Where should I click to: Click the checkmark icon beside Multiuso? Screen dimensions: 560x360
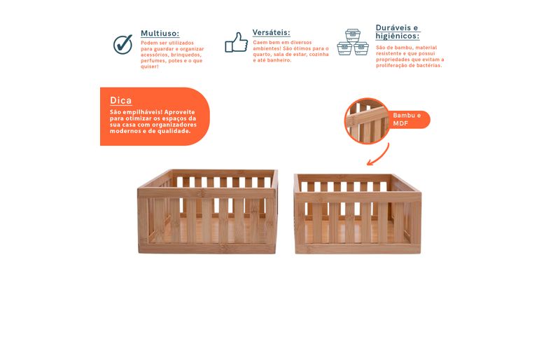point(123,44)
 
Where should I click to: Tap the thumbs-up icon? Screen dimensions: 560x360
point(236,43)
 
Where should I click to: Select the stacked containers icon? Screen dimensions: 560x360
point(353,42)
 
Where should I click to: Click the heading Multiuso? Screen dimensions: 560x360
point(160,33)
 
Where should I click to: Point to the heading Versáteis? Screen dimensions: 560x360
point(271,32)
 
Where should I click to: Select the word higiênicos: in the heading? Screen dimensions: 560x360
point(398,36)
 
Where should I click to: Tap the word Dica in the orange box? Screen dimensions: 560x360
point(120,100)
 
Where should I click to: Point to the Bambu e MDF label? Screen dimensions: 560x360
point(407,119)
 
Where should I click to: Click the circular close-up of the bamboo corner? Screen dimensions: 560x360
point(367,121)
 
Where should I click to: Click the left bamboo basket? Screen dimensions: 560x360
point(207,212)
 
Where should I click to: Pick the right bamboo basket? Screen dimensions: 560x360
point(358,214)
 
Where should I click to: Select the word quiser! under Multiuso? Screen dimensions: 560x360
point(150,67)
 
